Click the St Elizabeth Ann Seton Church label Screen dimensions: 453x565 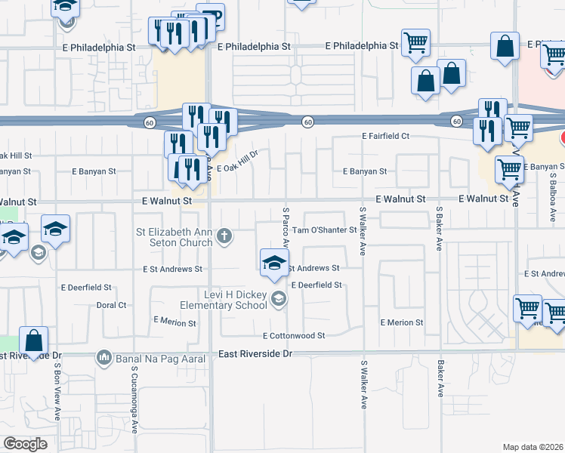click(174, 237)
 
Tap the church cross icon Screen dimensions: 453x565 click(224, 237)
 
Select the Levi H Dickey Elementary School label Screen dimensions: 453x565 click(224, 299)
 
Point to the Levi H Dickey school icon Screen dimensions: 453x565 click(279, 300)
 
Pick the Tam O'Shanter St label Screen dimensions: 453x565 click(324, 230)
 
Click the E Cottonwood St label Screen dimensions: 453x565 click(294, 335)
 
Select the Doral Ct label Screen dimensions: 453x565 click(111, 305)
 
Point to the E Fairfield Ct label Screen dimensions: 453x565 click(385, 136)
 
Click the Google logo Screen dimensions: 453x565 click(25, 444)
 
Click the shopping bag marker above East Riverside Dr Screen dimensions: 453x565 click(33, 340)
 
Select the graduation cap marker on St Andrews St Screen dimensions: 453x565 click(274, 263)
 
